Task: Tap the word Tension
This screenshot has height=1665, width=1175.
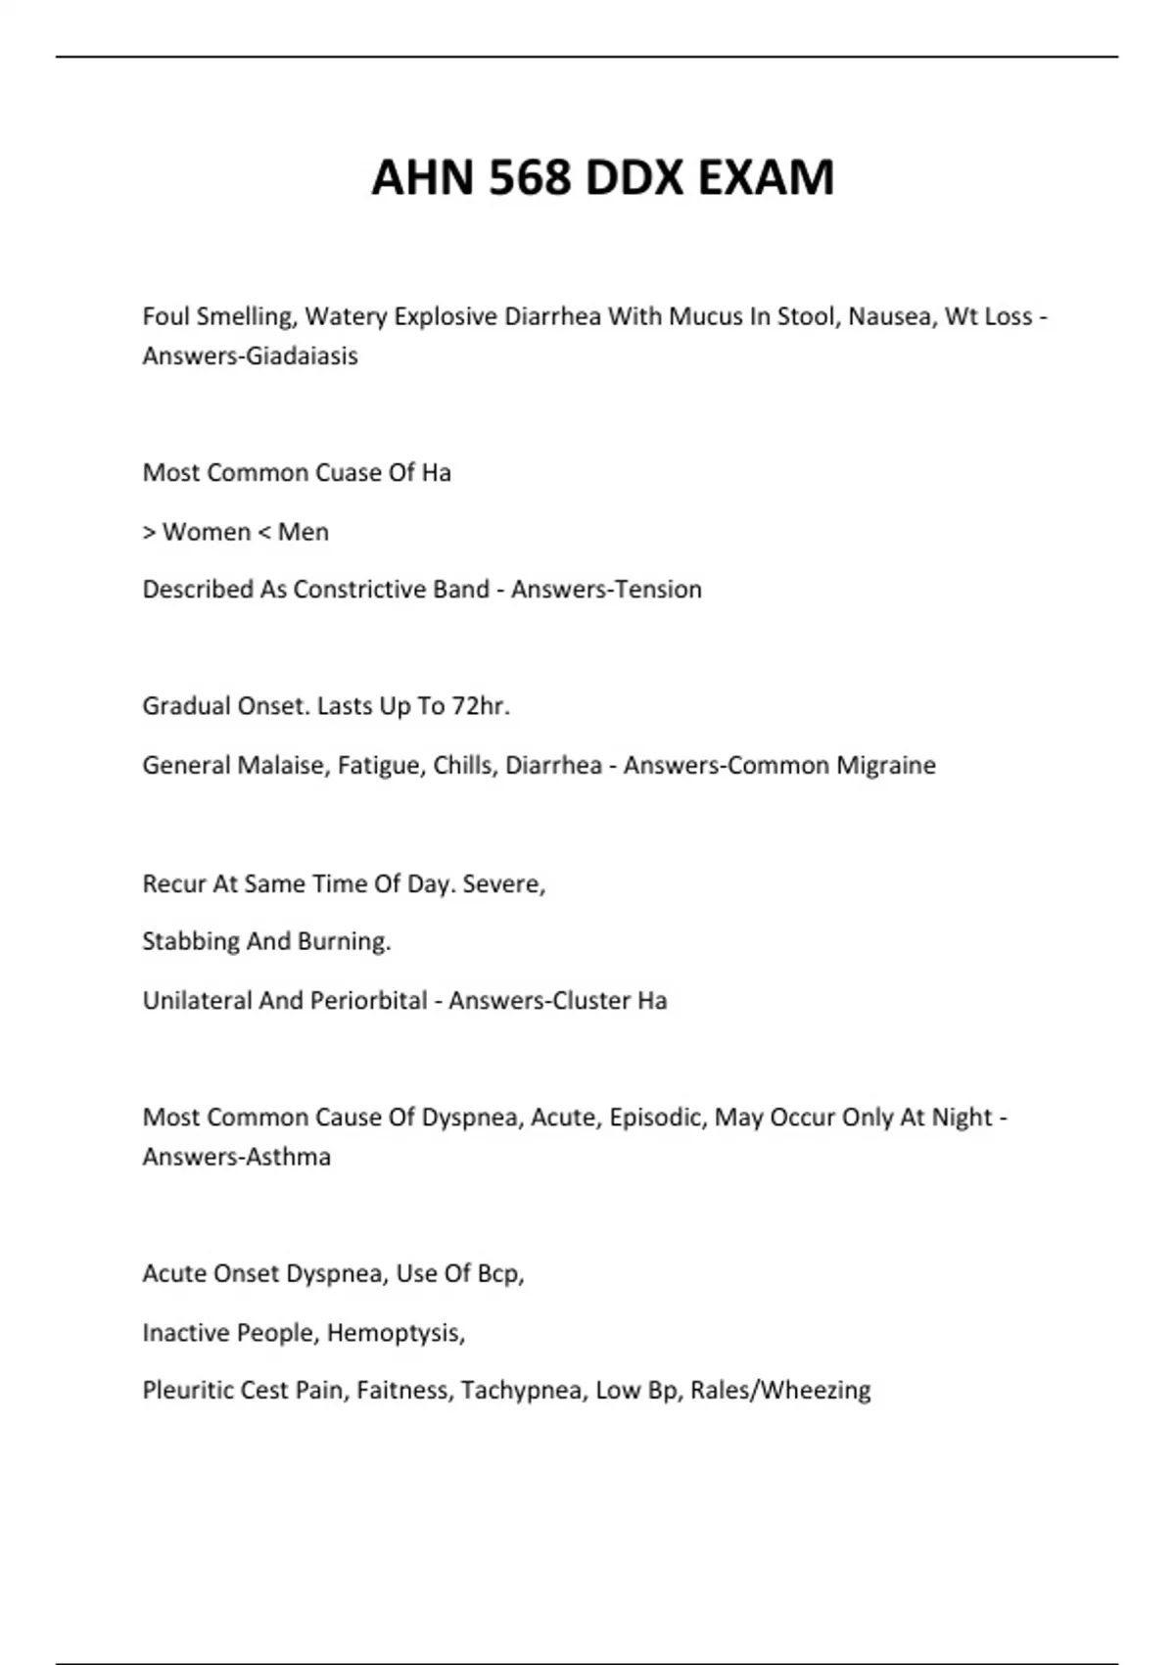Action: point(659,590)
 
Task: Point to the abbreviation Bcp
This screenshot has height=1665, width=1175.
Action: point(500,1273)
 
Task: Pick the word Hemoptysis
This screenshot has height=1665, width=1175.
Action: point(395,1333)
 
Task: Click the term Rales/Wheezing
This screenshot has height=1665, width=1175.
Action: point(780,1391)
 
